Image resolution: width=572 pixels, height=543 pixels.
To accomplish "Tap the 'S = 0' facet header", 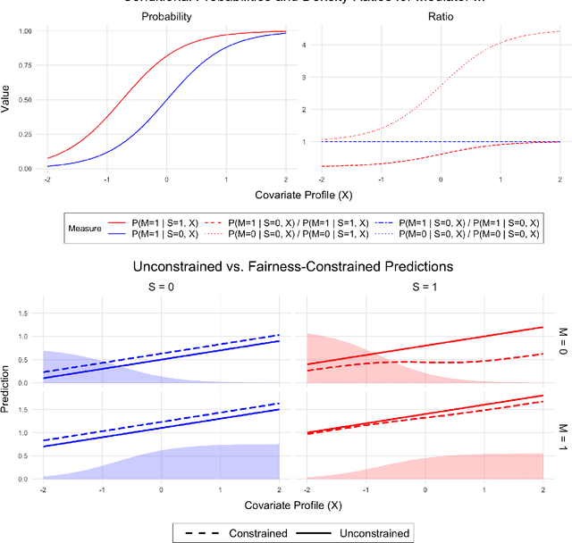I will click(161, 288).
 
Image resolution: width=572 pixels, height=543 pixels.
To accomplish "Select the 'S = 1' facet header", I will click(425, 288).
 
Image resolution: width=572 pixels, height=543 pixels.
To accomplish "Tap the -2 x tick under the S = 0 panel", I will click(43, 489).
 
